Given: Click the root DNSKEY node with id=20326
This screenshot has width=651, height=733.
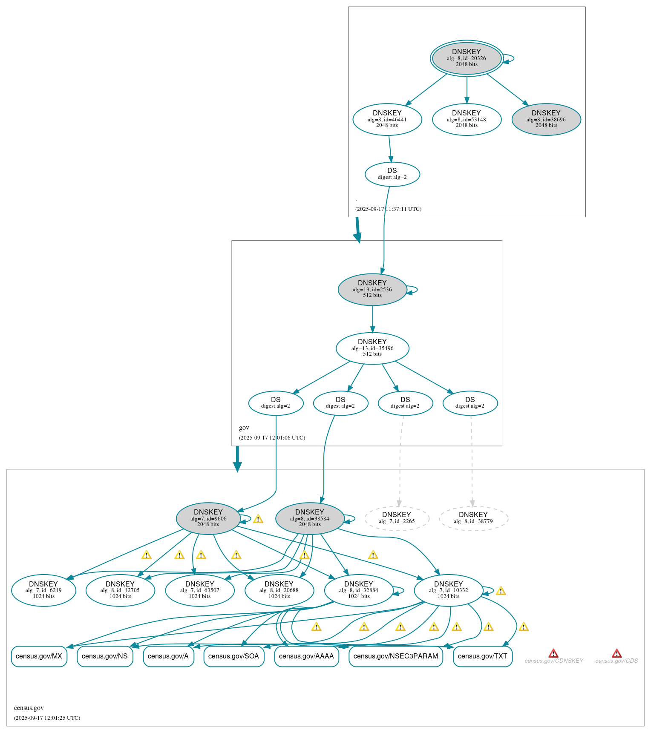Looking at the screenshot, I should coord(467,58).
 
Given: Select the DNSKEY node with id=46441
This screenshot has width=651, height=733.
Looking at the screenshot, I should coord(387,119).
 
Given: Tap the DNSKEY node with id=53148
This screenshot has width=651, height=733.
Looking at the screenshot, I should coord(467,119).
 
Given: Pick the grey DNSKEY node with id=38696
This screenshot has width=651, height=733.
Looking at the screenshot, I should coord(546,119).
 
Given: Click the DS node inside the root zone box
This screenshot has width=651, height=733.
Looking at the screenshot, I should coord(392,174).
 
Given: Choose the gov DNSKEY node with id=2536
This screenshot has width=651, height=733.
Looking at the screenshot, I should coord(372,289).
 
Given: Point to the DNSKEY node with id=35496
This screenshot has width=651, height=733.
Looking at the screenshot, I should coord(372,348).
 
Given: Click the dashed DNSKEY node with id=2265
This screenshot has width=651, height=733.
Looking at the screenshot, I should coord(397,518).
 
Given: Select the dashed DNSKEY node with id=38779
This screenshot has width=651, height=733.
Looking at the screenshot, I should coord(473,518).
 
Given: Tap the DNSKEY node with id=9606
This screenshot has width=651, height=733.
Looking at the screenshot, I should coord(208,518).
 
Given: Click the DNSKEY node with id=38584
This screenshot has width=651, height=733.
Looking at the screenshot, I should coord(310,518).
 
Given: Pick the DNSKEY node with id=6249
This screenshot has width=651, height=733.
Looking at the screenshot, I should coord(43,590).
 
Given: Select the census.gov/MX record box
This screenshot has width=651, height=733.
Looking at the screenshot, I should coord(39,656).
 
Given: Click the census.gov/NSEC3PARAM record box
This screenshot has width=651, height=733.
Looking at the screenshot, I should coord(395,656).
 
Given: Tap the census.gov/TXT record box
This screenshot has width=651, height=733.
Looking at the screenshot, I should coord(482,656).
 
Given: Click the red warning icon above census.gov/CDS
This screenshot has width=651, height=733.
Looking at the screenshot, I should coord(616,653).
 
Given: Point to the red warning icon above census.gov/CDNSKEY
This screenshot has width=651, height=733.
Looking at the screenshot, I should coord(553,653).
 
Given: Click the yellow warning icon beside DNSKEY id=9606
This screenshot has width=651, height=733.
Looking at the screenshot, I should coord(258,519).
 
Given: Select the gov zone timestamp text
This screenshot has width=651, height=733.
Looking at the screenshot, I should coord(272,437).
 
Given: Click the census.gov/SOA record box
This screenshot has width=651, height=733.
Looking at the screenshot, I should coord(233,656).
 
